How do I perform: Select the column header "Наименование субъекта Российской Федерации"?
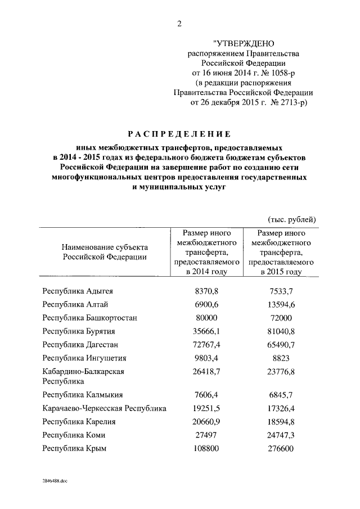coord(105,252)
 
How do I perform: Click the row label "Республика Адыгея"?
coord(78,291)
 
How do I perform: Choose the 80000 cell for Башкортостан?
coord(205,318)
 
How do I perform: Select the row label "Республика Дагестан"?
coord(80,345)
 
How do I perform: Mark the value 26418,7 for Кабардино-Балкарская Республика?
coord(205,372)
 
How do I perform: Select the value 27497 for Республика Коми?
coord(205,435)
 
